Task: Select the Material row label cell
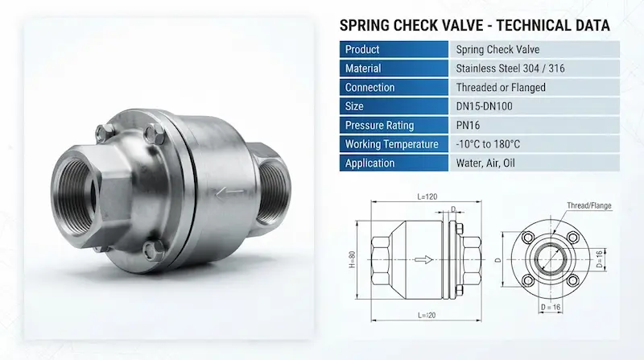click(394, 68)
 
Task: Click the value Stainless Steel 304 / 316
click(510, 68)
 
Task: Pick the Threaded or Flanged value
click(501, 87)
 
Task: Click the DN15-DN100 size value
click(485, 106)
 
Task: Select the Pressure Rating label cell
click(394, 125)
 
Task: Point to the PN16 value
click(468, 126)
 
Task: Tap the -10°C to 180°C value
click(488, 144)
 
